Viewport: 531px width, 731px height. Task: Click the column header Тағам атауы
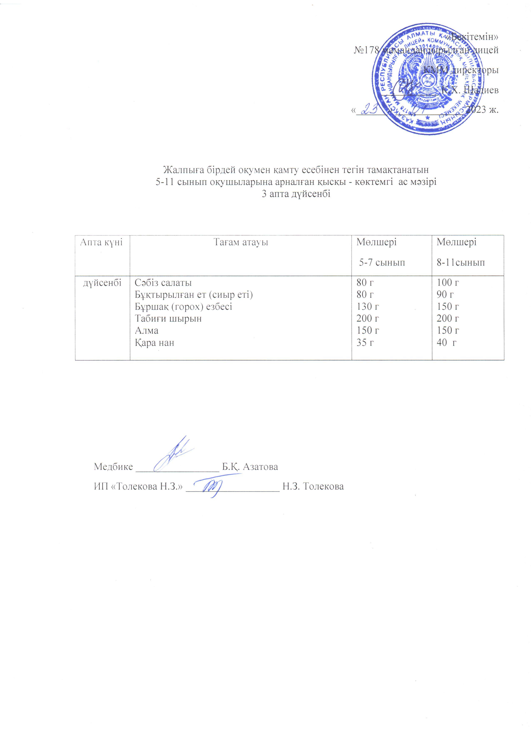[x=241, y=242]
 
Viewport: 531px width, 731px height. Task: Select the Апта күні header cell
[x=101, y=242]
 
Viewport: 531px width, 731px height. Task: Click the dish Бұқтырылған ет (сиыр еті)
[x=193, y=295]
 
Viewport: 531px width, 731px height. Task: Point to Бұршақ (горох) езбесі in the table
[x=183, y=307]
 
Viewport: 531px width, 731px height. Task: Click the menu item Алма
[x=147, y=330]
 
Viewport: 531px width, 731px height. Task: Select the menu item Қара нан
[x=154, y=342]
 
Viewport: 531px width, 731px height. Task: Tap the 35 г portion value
[x=365, y=342]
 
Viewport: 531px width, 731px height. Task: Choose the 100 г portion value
[x=447, y=283]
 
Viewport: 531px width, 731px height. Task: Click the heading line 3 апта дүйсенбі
[x=296, y=194]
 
